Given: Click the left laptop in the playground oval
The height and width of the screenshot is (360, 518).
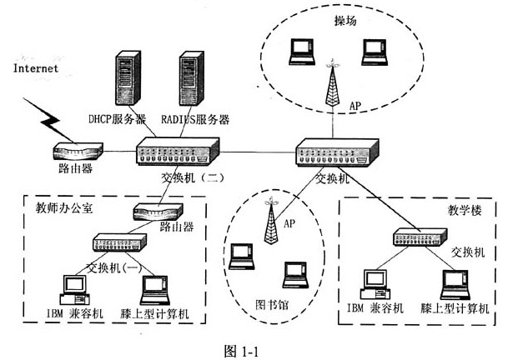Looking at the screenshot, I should coord(298,52).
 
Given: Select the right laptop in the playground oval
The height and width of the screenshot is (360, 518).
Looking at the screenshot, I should coord(374,52).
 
